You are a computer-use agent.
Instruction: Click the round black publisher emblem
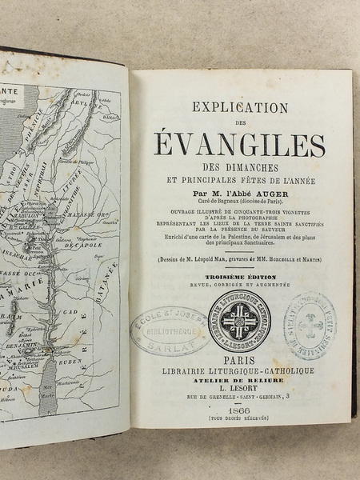tap(238, 323)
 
